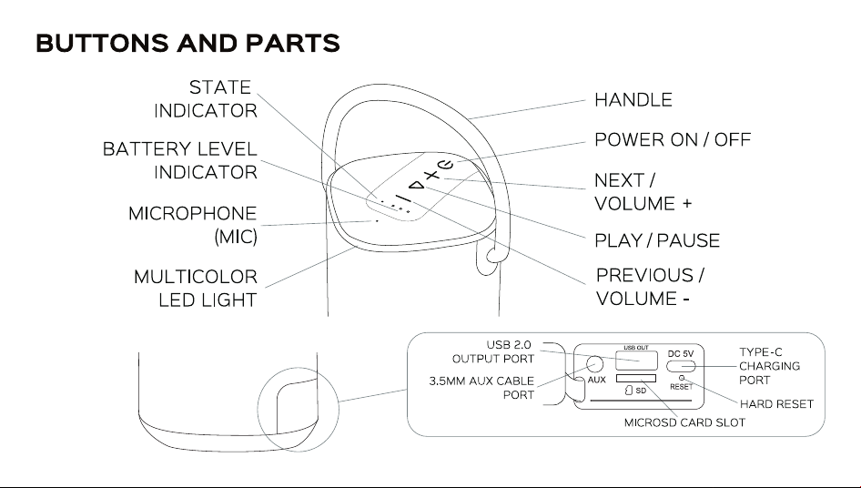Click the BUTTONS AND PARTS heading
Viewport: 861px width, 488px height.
187,44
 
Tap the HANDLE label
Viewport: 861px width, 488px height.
633,100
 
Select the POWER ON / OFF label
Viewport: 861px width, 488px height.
672,139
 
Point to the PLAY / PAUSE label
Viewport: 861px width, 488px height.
657,240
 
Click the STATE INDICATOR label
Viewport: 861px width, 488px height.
206,99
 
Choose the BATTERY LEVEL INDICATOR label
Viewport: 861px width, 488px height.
180,160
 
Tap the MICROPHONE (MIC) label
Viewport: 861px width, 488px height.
193,225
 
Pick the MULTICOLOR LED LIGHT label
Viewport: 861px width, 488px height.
196,288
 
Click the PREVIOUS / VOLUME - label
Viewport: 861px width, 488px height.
650,286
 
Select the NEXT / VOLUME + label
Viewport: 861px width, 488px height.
643,192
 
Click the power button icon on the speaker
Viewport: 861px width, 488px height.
445,164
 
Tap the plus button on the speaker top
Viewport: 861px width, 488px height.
433,176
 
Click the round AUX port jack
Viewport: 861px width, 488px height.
594,364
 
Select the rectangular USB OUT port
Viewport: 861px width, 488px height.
636,361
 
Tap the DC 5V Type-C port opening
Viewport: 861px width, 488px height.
681,366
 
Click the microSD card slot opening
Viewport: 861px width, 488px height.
636,378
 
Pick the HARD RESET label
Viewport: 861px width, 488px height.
776,404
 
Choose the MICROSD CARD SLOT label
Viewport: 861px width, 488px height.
684,422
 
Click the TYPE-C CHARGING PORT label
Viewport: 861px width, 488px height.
769,366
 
